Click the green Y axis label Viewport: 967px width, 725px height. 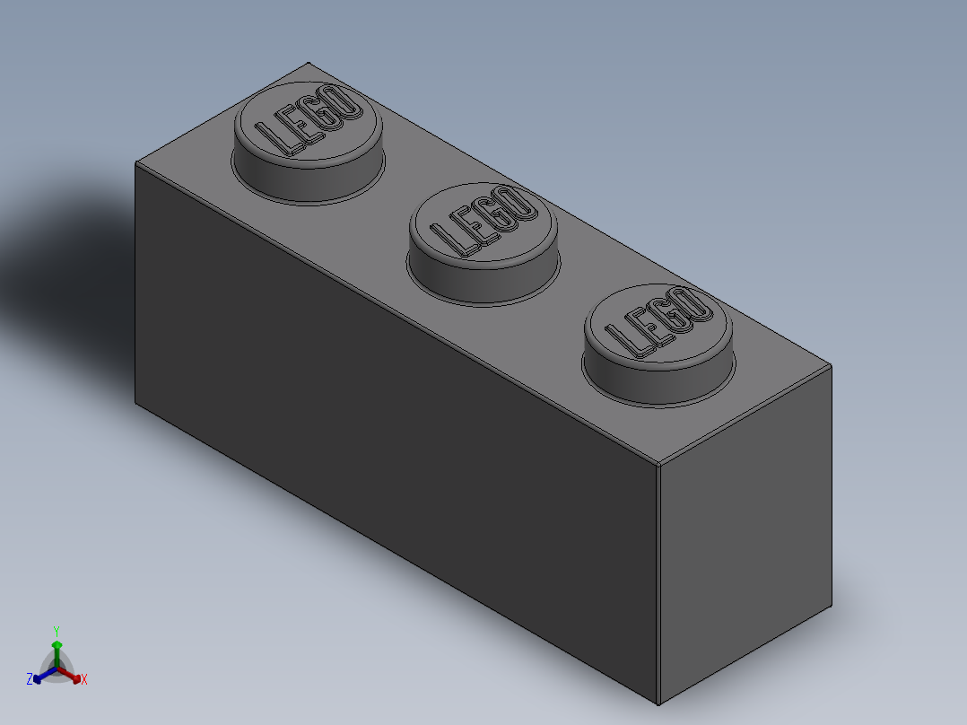tap(56, 632)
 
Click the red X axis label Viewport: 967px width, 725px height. tap(84, 680)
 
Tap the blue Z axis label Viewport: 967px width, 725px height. tap(30, 680)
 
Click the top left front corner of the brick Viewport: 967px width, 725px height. tap(135, 162)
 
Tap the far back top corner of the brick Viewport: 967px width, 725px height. tap(308, 62)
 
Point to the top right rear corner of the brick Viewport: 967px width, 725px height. tap(831, 365)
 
